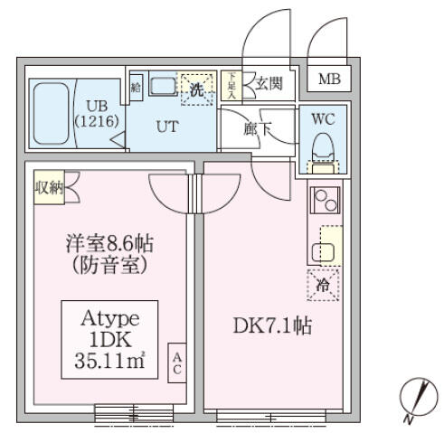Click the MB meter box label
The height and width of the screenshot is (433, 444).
tap(330, 80)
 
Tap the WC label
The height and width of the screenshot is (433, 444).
tap(323, 119)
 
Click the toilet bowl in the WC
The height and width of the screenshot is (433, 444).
tap(323, 146)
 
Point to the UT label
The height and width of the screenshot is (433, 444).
tap(167, 127)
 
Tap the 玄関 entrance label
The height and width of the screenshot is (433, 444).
tap(268, 86)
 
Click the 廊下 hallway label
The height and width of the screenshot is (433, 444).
tap(258, 128)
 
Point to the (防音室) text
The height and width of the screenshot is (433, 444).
tap(106, 266)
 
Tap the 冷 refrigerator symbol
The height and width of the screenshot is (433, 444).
tap(324, 285)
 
